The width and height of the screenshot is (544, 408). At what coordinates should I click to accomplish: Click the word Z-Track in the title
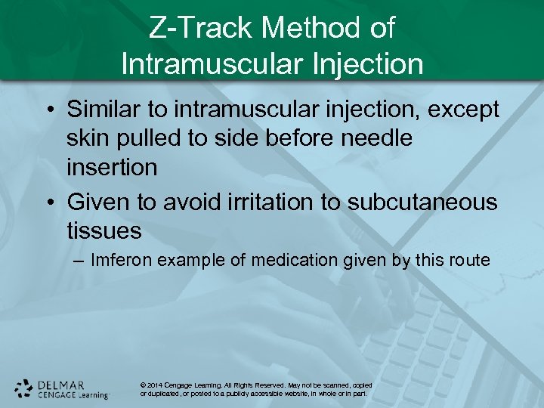tap(200, 29)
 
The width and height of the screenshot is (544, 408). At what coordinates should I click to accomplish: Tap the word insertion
tap(112, 167)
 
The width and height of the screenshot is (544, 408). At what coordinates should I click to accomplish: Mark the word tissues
tap(104, 230)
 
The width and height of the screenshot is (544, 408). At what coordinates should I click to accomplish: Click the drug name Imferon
tap(122, 261)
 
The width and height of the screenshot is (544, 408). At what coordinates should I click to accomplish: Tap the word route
tap(471, 261)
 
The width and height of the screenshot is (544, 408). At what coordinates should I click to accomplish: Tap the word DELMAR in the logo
tap(61, 385)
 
